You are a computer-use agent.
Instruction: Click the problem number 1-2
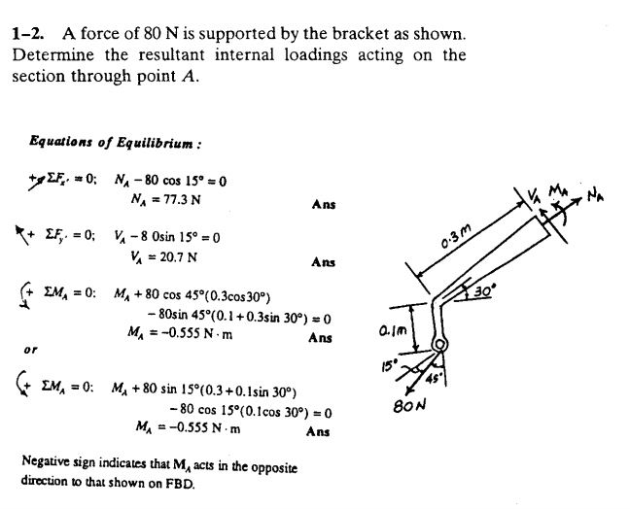click(27, 34)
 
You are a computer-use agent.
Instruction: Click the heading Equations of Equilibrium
click(115, 142)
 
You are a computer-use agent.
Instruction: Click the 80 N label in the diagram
click(409, 406)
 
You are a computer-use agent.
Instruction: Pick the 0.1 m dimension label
click(393, 331)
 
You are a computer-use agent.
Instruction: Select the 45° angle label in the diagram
click(434, 378)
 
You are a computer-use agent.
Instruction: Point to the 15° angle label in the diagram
click(389, 366)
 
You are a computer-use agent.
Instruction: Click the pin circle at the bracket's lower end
click(439, 345)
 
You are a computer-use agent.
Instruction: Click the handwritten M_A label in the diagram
click(558, 189)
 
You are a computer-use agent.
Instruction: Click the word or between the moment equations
click(30, 350)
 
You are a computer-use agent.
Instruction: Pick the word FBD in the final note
click(181, 483)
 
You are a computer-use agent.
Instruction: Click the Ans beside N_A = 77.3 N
click(324, 205)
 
